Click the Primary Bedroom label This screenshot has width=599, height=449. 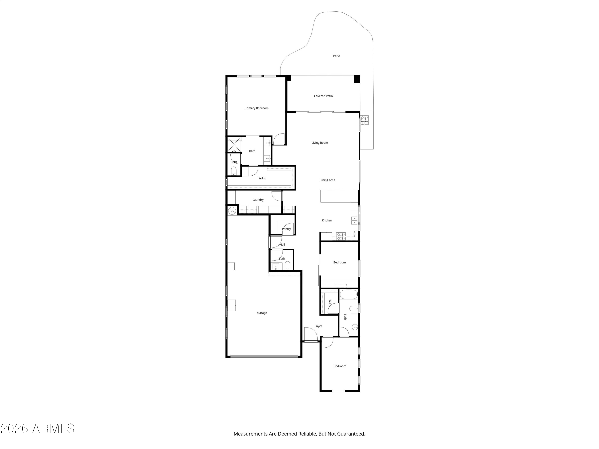256,108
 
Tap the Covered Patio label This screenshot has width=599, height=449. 323,96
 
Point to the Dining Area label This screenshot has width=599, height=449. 327,180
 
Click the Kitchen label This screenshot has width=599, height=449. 327,221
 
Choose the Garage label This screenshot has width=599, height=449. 262,313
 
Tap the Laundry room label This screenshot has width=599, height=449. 258,200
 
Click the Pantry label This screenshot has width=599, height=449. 286,229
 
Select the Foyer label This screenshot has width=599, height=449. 318,326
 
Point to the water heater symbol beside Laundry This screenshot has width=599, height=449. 232,211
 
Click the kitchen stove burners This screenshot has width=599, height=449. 341,236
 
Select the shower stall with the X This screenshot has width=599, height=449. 234,144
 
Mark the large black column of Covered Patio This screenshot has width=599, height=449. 357,79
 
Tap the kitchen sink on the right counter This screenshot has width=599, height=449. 354,221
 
